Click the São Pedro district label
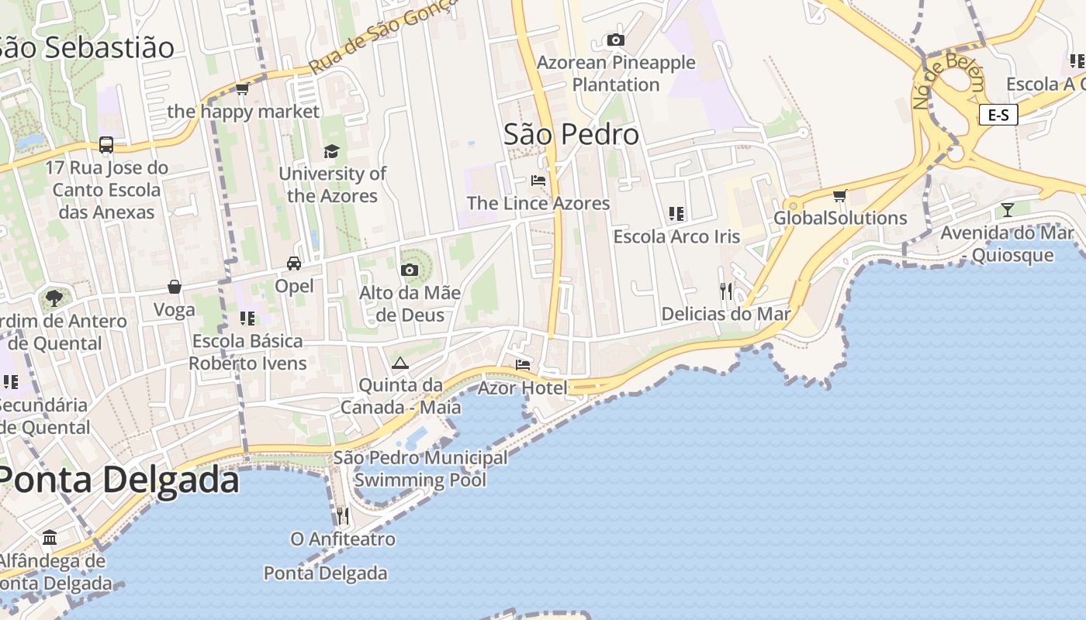[572, 135]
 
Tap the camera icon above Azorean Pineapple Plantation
[616, 40]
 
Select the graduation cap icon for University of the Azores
[332, 151]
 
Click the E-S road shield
[998, 115]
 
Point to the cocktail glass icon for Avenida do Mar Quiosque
[1007, 209]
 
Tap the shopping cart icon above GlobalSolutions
[839, 195]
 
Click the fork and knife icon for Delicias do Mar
[726, 291]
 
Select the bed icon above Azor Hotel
[523, 364]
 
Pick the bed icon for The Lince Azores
[538, 181]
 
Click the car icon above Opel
[294, 263]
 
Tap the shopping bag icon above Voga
[175, 287]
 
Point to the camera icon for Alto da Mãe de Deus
[410, 270]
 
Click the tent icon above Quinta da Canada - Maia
[399, 363]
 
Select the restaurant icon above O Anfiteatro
[342, 515]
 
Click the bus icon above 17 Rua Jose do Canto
[106, 145]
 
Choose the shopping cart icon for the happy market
[242, 89]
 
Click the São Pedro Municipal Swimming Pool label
[420, 468]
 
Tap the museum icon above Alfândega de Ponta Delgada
[50, 537]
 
